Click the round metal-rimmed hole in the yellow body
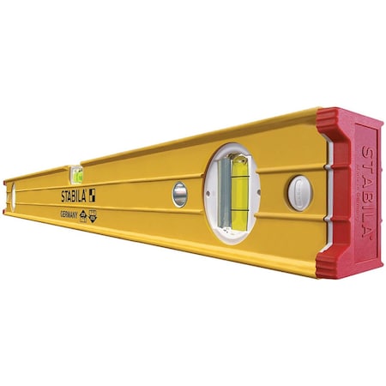[x=179, y=194]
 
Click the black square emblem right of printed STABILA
[x=92, y=195]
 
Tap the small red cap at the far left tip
[x=4, y=196]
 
